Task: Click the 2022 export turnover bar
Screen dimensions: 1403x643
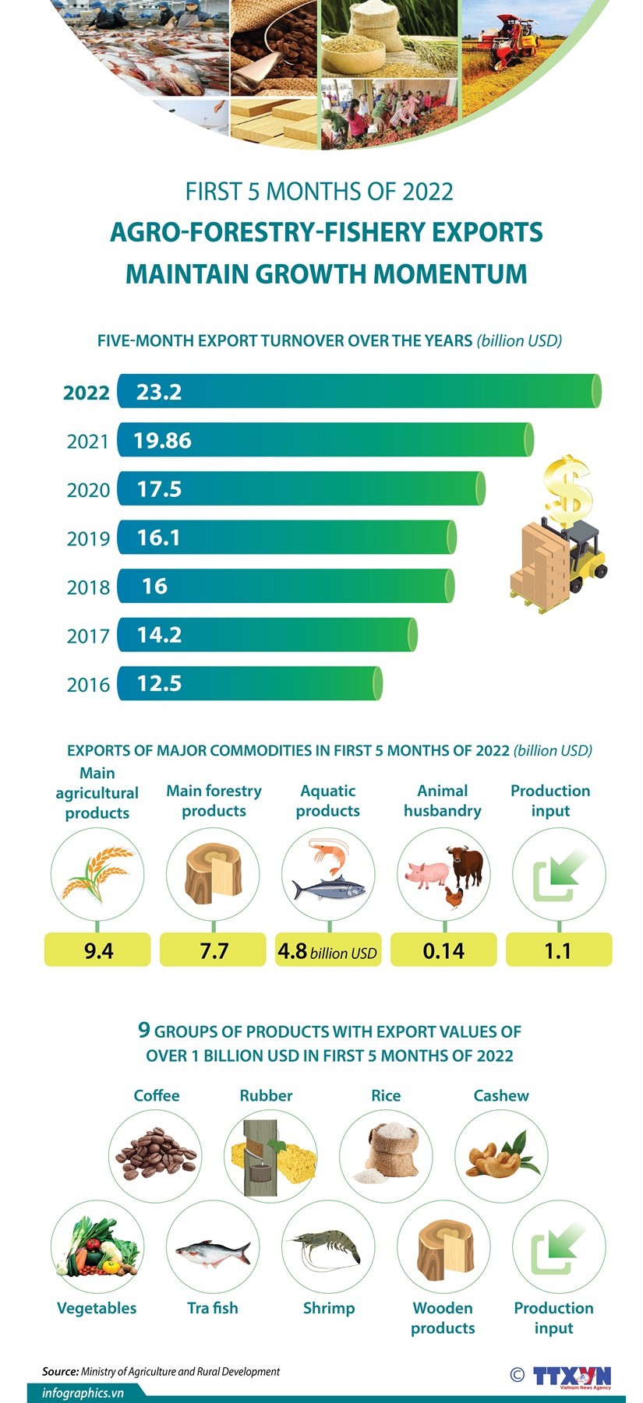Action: point(359,391)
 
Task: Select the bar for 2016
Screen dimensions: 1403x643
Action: point(249,683)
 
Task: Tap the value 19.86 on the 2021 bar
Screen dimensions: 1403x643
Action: point(162,441)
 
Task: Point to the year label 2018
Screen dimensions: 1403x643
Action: point(88,587)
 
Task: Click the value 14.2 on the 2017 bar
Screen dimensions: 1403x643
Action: point(159,635)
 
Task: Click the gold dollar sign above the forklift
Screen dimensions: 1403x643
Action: point(568,490)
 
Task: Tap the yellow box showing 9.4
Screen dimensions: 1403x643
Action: point(97,950)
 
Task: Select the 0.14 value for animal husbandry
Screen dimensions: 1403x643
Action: point(443,950)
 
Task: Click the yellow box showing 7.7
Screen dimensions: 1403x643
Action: point(214,950)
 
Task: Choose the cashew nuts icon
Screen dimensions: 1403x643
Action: point(501,1156)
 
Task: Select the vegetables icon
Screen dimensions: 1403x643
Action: point(97,1246)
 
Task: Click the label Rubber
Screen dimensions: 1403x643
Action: point(266,1095)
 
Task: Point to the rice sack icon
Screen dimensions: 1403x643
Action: point(386,1154)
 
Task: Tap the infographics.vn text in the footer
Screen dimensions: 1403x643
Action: point(83,1393)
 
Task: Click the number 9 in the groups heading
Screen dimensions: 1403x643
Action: point(143,1030)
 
